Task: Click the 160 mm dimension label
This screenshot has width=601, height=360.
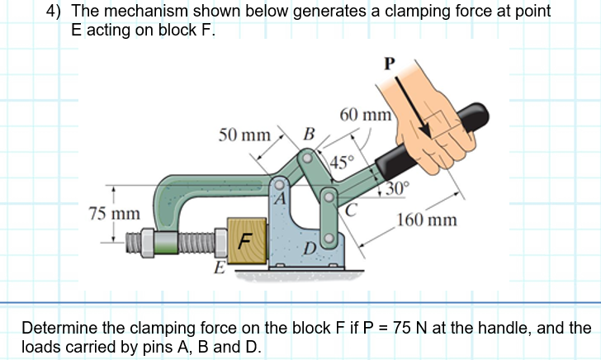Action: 427,220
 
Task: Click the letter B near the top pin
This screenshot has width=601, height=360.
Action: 309,134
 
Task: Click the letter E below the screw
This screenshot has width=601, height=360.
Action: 219,269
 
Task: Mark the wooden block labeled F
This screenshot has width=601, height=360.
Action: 245,242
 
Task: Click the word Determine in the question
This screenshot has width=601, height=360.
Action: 57,328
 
